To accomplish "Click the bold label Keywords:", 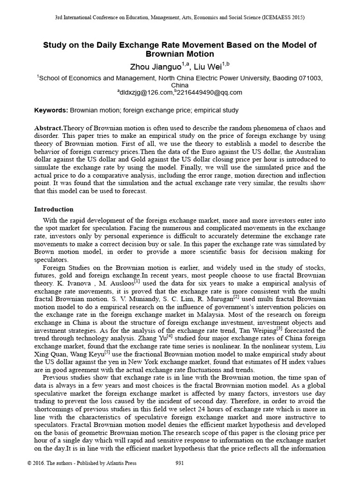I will pyautogui.click(x=51, y=111).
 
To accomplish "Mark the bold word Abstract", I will pyautogui.click(x=48, y=128).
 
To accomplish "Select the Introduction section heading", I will pyautogui.click(x=53, y=209).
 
